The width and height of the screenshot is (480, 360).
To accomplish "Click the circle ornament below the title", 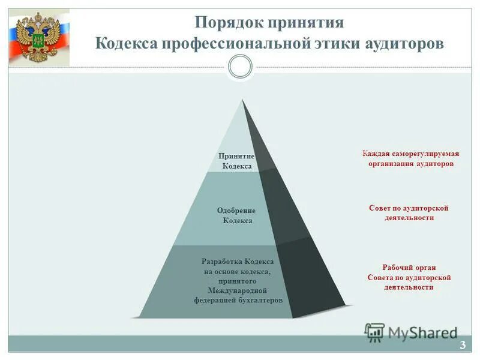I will (x=241, y=67).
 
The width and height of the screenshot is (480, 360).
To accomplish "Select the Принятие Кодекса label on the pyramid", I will (x=237, y=161).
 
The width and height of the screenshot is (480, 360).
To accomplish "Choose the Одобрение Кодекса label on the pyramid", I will (x=236, y=215).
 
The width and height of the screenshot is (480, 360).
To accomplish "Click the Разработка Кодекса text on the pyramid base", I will (x=238, y=262).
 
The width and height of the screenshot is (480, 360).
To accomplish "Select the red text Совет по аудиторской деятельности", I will (x=409, y=212).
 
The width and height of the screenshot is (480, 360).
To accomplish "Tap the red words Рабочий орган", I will (x=409, y=268).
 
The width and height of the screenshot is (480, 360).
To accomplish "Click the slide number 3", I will (x=463, y=344).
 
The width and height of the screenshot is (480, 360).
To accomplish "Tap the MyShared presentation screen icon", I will (x=374, y=332).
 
